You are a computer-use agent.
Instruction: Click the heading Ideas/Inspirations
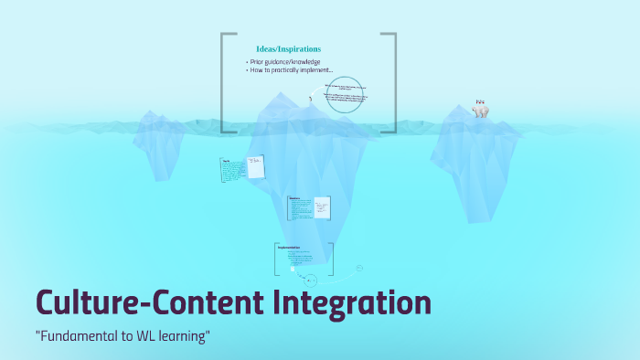pos(288,48)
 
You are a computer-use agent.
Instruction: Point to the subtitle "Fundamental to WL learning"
pos(123,337)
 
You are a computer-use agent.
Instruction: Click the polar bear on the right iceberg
pos(480,110)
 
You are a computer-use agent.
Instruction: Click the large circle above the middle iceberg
pos(347,94)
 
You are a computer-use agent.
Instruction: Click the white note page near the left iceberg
pos(255,167)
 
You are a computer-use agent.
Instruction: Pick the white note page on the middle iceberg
pos(321,207)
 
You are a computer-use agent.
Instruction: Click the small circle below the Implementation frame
pos(312,281)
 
